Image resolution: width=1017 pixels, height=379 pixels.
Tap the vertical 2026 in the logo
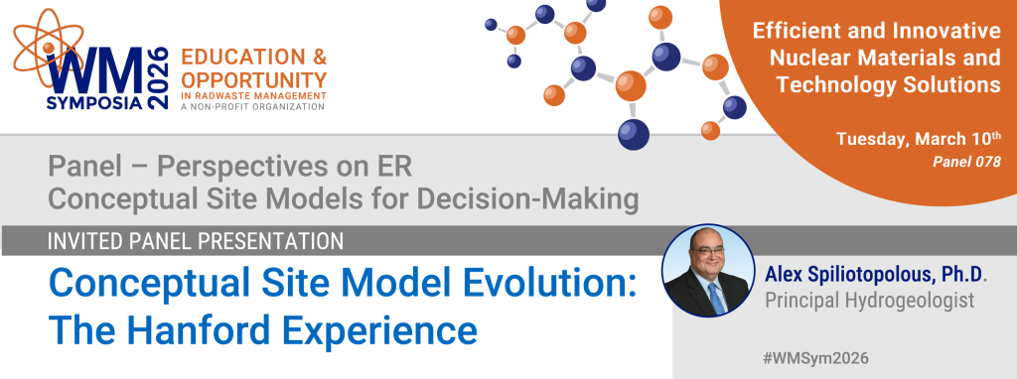pyautogui.click(x=158, y=77)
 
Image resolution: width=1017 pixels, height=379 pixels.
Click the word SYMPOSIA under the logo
pyautogui.click(x=94, y=102)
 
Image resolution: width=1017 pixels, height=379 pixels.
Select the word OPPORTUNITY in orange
pyautogui.click(x=253, y=79)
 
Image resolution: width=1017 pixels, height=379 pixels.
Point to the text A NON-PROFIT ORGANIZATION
pyautogui.click(x=253, y=106)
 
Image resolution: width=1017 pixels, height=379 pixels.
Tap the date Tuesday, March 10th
pyautogui.click(x=918, y=139)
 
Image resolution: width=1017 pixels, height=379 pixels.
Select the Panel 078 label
pyautogui.click(x=966, y=162)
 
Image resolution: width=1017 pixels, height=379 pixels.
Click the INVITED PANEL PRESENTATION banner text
pyautogui.click(x=196, y=241)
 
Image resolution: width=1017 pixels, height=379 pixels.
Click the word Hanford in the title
pyautogui.click(x=193, y=329)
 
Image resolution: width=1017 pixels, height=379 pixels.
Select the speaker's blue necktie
pyautogui.click(x=715, y=297)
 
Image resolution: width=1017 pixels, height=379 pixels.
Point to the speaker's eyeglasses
pyautogui.click(x=707, y=251)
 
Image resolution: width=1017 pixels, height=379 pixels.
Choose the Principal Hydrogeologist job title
pyautogui.click(x=870, y=301)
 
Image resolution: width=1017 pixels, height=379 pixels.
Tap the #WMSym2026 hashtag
pyautogui.click(x=816, y=357)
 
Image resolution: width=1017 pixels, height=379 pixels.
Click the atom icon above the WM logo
pyautogui.click(x=48, y=48)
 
